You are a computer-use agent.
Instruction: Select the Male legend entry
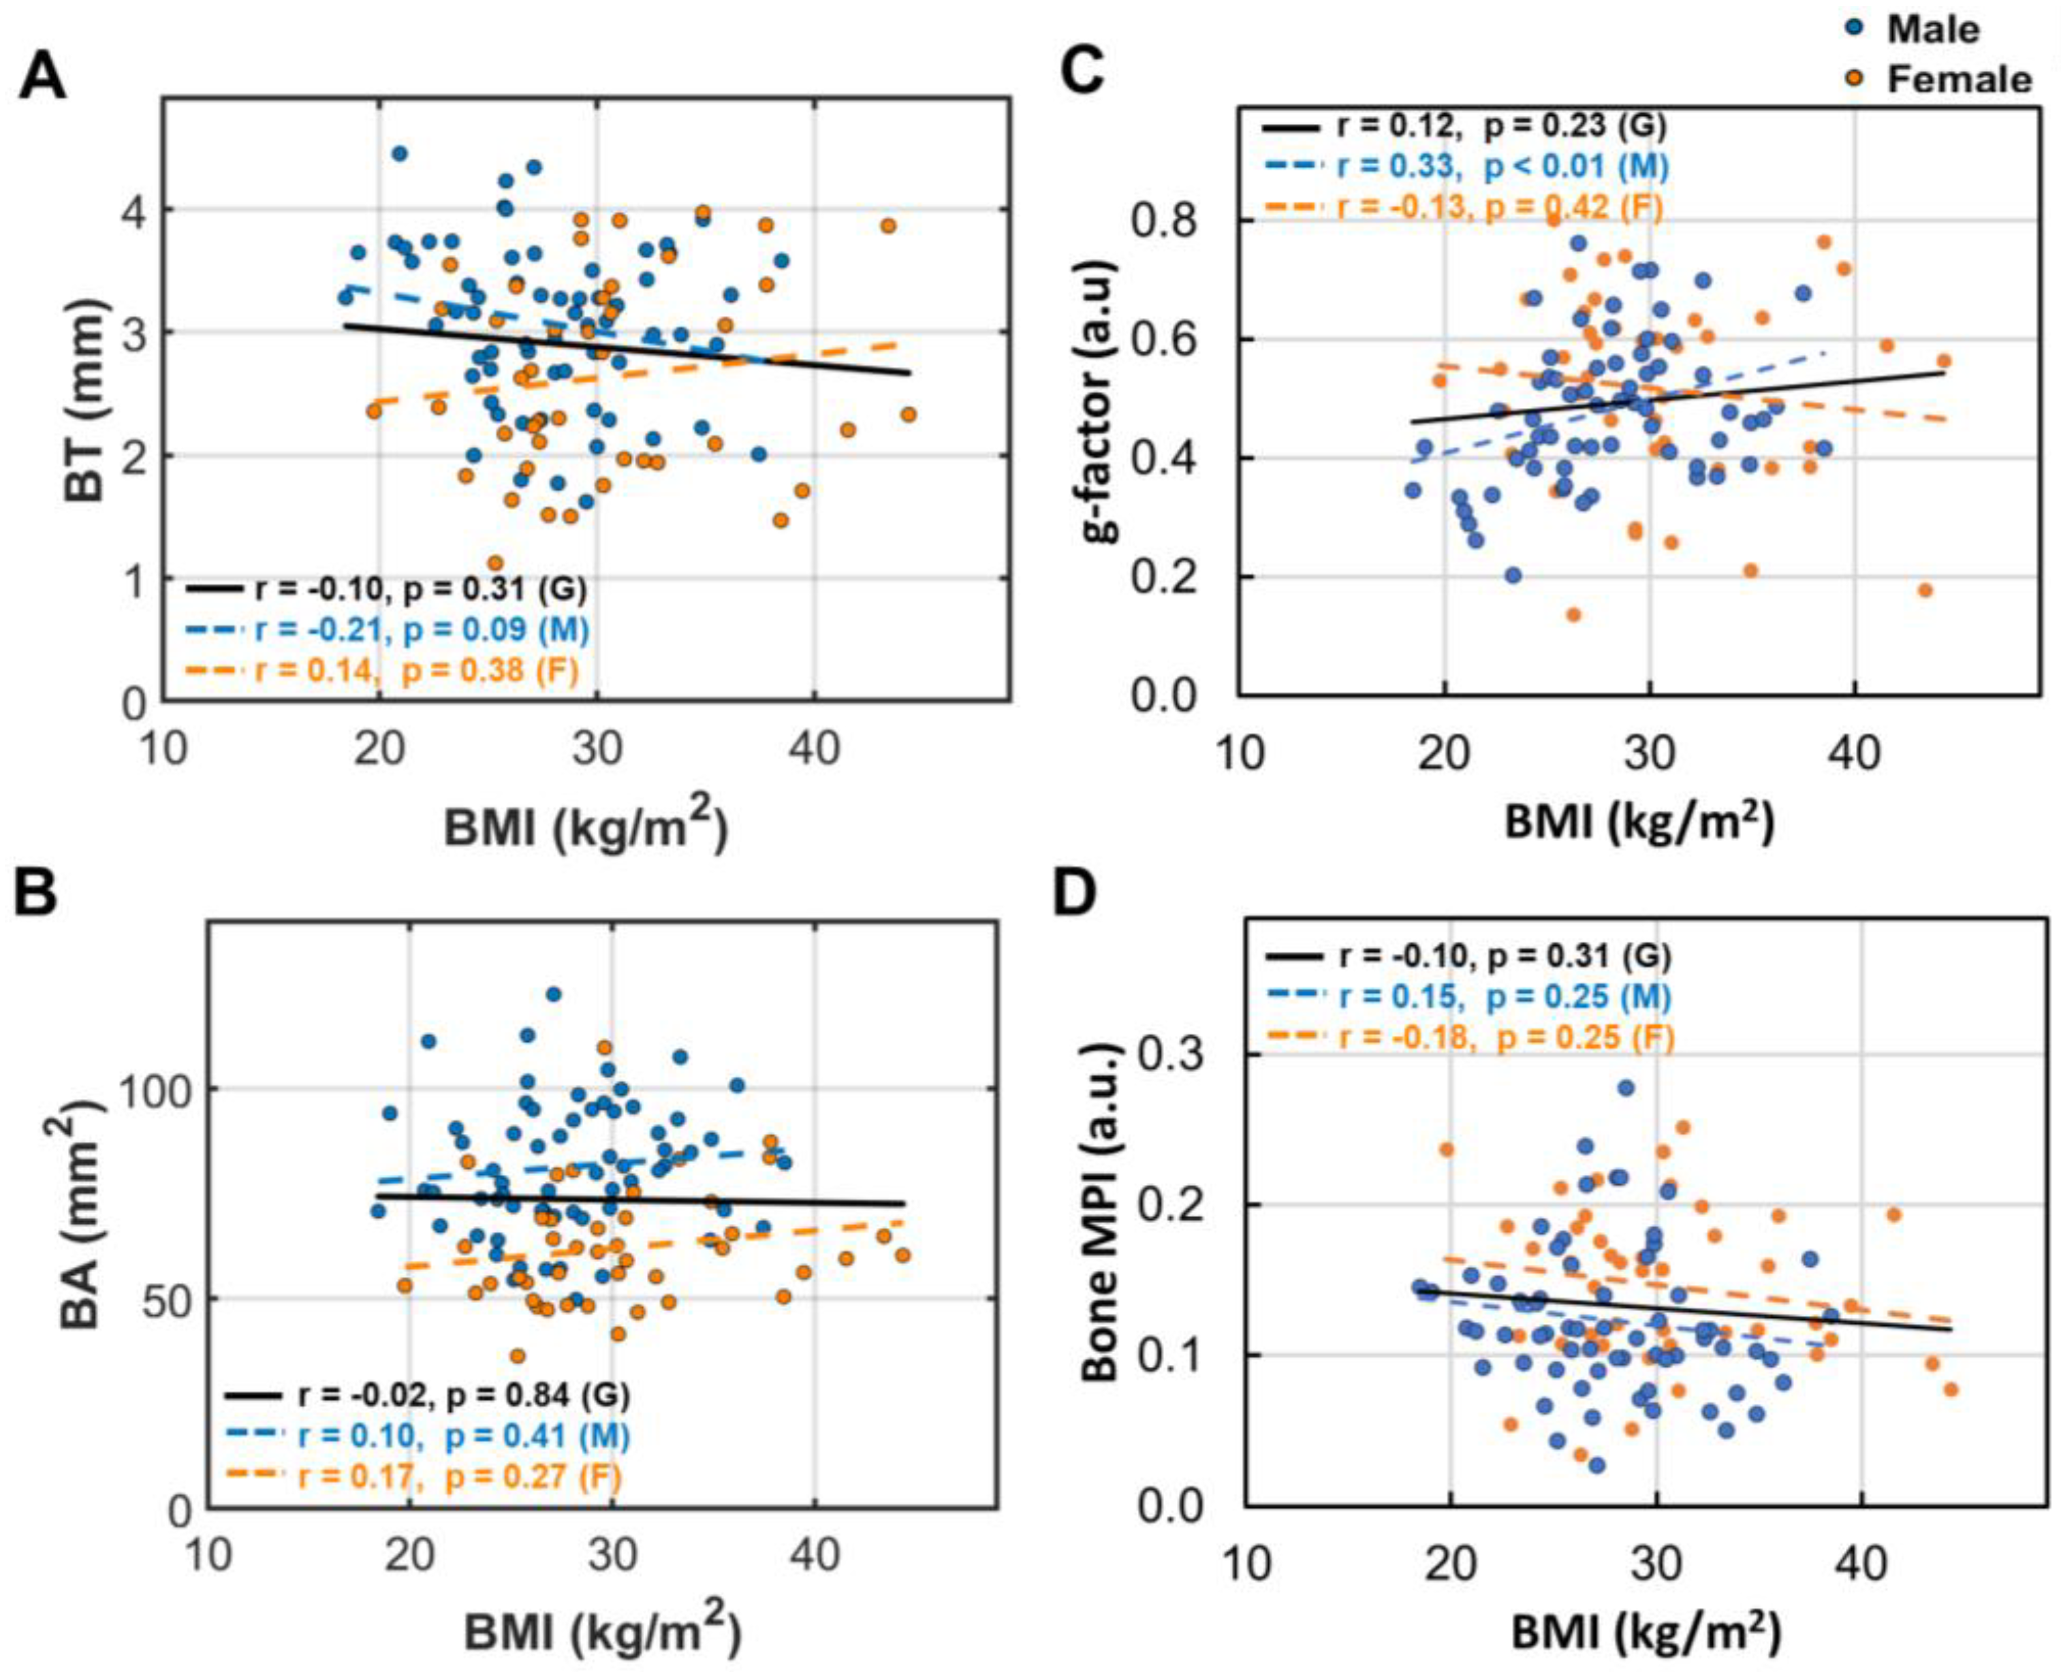point(1931,30)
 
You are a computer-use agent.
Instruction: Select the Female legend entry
point(1955,79)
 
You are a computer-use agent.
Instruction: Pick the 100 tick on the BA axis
point(154,1089)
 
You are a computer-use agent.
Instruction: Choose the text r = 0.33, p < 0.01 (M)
point(1503,167)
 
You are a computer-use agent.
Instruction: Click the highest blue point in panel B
point(553,994)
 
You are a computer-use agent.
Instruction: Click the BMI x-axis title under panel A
point(584,826)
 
